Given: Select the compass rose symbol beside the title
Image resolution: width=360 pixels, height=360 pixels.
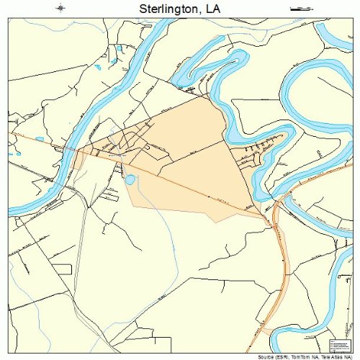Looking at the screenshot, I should [61, 9].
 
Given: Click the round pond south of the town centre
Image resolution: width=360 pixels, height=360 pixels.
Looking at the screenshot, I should [130, 180].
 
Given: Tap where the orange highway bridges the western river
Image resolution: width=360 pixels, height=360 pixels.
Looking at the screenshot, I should [71, 149].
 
